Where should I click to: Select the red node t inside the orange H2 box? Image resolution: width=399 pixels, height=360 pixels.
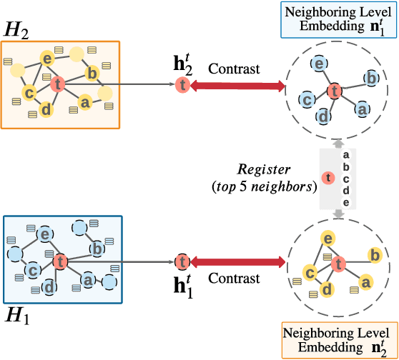(59, 85)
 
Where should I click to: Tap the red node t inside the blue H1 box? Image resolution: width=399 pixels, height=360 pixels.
(60, 262)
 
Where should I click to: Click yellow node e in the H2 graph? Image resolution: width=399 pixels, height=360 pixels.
(46, 59)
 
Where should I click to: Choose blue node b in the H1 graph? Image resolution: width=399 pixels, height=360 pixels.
(97, 249)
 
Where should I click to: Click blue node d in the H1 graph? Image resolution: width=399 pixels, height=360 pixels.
(49, 287)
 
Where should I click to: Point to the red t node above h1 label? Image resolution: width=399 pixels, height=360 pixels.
(182, 262)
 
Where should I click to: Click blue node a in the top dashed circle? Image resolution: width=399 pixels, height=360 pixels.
(362, 109)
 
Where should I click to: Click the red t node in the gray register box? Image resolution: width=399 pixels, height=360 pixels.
(328, 177)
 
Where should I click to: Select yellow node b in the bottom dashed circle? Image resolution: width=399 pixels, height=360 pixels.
(373, 255)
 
